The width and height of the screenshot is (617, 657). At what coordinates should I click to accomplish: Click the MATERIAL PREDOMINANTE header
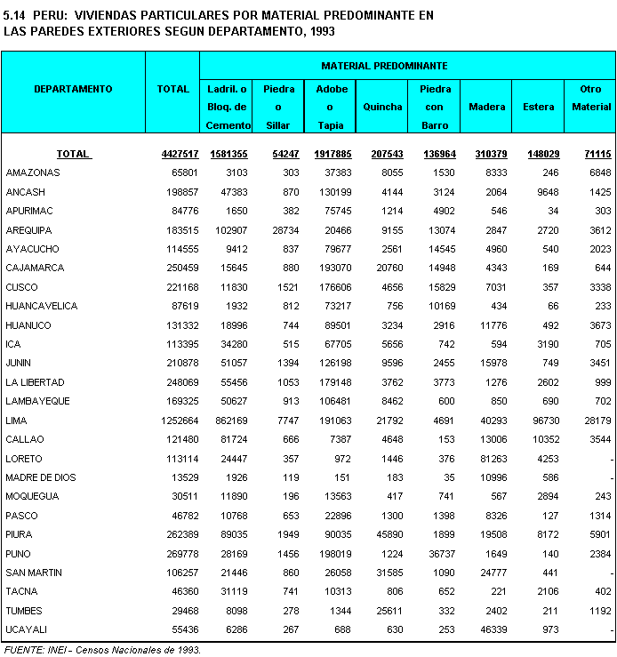[384, 66]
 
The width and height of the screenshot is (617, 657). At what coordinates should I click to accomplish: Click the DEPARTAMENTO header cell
[73, 89]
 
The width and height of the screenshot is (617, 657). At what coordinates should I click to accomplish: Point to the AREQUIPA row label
[28, 229]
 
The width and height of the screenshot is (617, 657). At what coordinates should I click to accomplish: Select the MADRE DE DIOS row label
[42, 477]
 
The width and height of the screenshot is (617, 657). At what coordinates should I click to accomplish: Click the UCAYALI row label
[27, 629]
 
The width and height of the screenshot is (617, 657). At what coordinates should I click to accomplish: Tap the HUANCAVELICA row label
[41, 306]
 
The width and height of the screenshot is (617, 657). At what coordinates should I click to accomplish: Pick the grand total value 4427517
[180, 154]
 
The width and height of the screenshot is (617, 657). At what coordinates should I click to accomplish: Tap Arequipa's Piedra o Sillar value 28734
[283, 229]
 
